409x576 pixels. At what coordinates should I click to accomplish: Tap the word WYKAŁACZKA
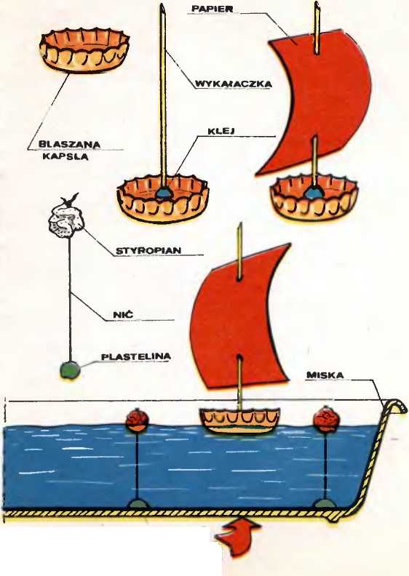tap(233, 84)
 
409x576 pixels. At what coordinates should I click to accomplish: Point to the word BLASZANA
tap(69, 145)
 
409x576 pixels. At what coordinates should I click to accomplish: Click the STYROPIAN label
tap(148, 251)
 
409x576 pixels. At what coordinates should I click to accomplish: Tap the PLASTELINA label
tap(136, 356)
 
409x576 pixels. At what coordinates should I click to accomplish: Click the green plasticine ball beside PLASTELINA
tap(70, 370)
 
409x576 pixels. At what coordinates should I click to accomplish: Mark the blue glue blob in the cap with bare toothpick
tap(162, 193)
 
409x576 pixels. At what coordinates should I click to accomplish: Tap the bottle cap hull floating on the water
tap(239, 420)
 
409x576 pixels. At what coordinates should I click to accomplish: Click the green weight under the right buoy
tap(325, 503)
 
